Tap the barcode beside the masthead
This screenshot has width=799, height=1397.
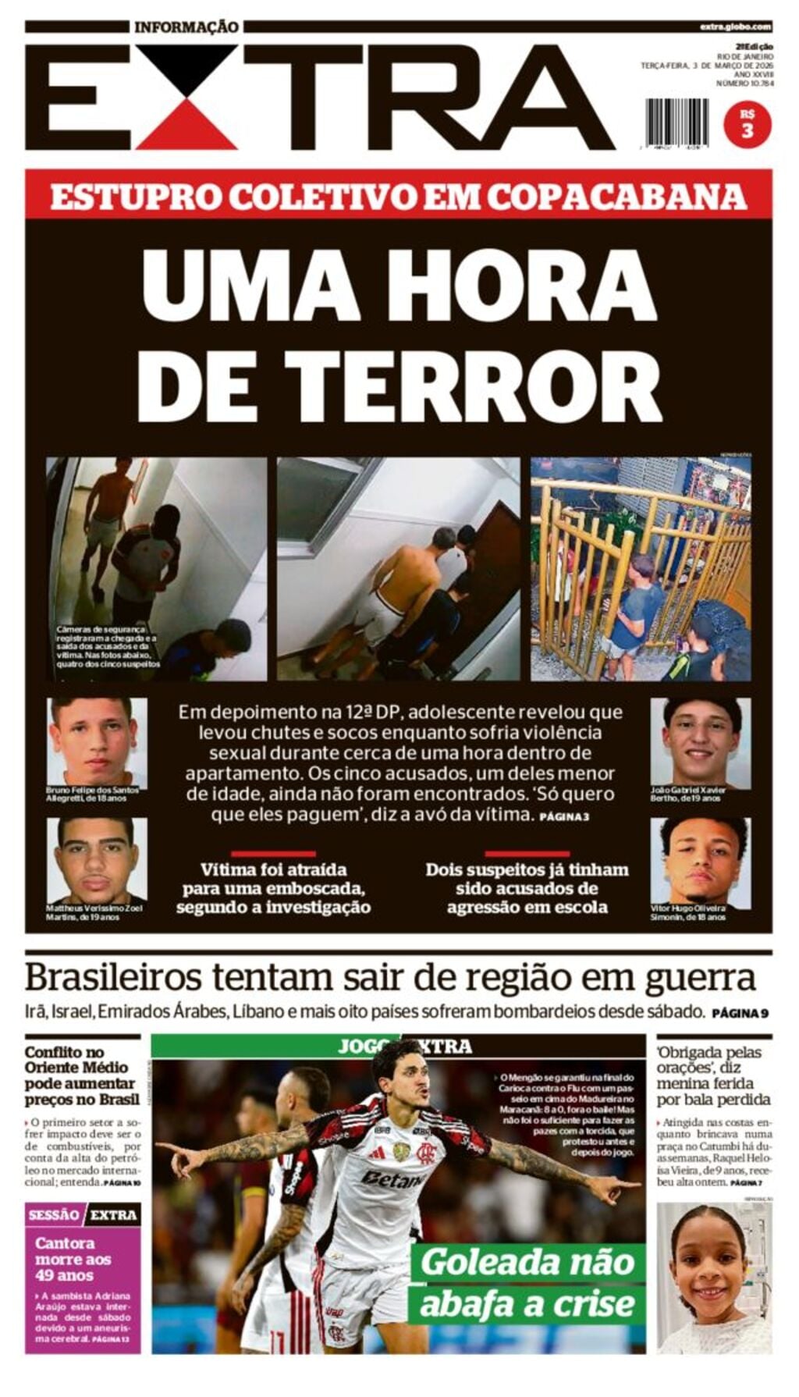click(x=676, y=123)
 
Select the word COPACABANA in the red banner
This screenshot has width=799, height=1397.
click(x=617, y=196)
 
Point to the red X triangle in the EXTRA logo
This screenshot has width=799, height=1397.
click(x=186, y=130)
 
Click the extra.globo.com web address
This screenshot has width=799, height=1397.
click(x=735, y=27)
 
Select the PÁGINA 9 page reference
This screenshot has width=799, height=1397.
click(x=740, y=1014)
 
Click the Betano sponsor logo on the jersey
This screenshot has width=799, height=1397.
click(x=392, y=1179)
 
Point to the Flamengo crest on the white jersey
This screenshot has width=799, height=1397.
click(x=426, y=1151)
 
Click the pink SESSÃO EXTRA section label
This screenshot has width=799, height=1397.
click(x=82, y=1214)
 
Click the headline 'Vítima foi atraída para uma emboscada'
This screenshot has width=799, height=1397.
click(x=273, y=888)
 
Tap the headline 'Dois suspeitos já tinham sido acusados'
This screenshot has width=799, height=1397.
click(x=527, y=888)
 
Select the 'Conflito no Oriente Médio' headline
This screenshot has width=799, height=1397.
click(x=80, y=1075)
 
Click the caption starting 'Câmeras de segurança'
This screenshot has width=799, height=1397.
click(x=108, y=646)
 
